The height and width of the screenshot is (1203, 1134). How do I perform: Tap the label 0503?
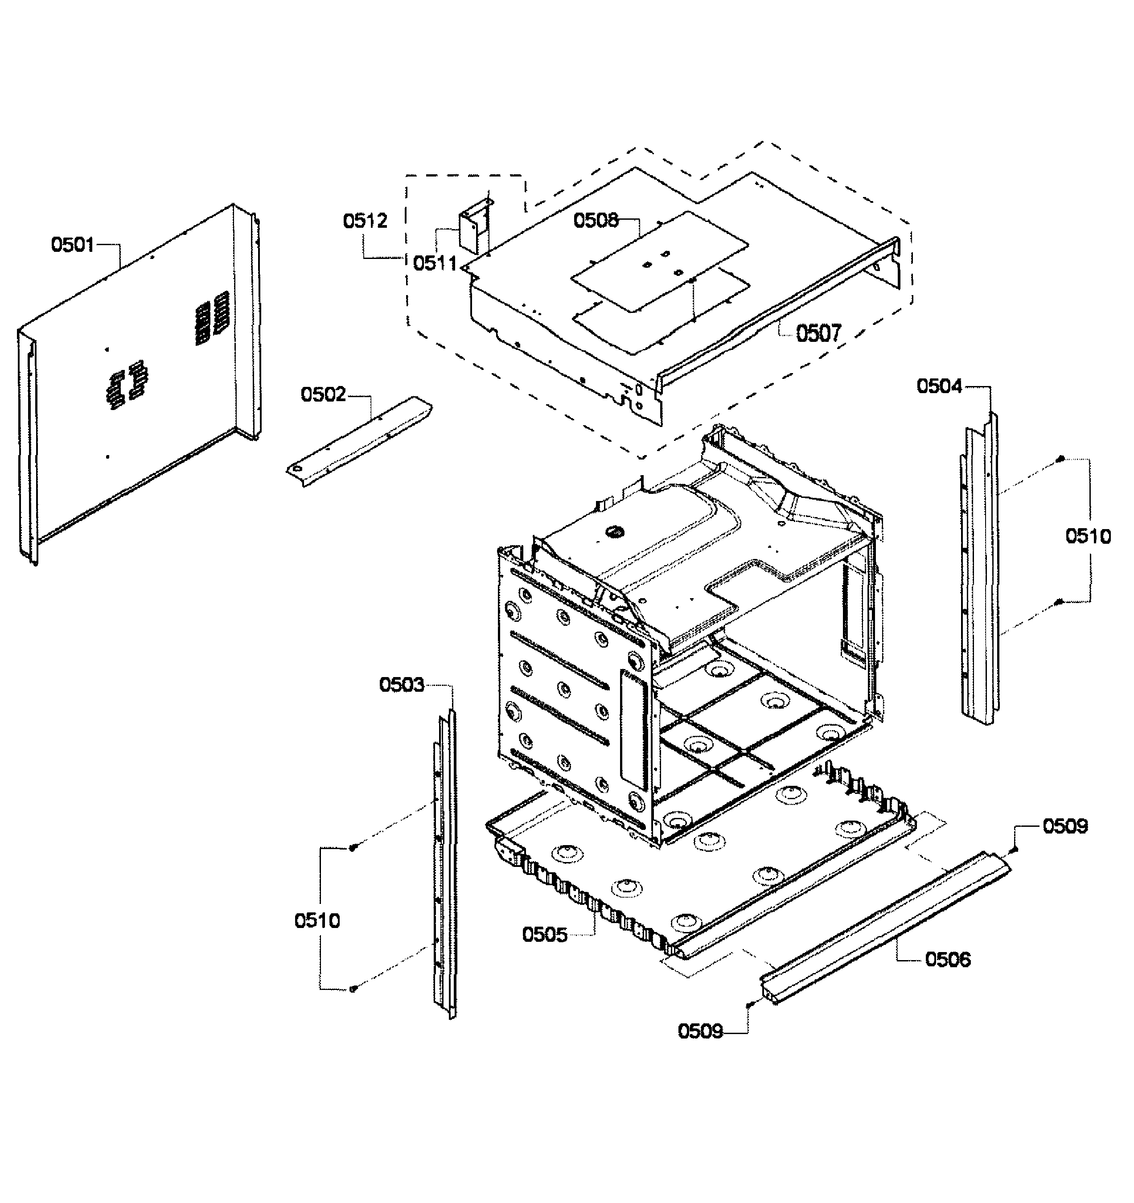click(x=402, y=685)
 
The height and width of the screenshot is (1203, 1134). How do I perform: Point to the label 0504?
click(x=939, y=386)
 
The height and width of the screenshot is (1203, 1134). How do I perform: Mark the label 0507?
click(x=818, y=333)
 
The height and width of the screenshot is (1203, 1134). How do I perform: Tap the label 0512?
click(x=365, y=221)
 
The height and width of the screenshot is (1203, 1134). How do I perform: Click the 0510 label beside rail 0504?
click(x=1088, y=536)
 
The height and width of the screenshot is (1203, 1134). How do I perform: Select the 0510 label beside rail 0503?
click(x=317, y=920)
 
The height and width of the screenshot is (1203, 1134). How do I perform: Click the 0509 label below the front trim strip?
click(x=700, y=1031)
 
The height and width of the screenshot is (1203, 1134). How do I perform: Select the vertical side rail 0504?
click(x=979, y=569)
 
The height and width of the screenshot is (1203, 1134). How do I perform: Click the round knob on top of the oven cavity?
click(x=614, y=531)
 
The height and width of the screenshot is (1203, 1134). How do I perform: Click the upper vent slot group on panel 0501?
click(x=212, y=318)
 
